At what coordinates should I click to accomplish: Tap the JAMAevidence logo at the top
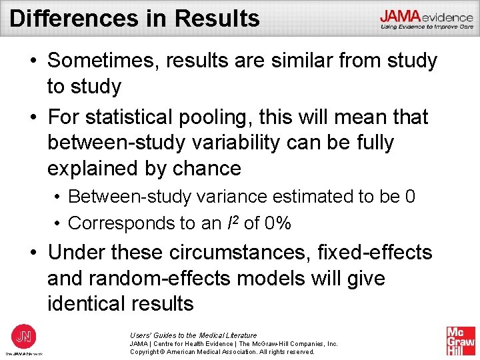pos(427,19)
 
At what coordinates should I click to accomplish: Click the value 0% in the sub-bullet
pos(277,223)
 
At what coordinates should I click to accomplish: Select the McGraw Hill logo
pos(461,341)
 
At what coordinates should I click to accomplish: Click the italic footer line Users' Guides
pos(193,335)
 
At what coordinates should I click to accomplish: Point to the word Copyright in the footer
pos(146,351)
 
